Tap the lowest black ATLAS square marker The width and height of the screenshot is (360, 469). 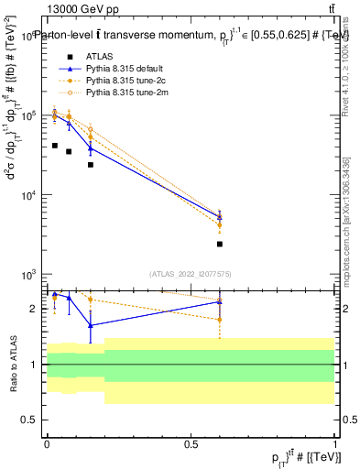point(220,244)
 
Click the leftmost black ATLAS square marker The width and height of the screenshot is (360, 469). point(55,146)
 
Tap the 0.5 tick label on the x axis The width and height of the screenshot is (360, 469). point(191,443)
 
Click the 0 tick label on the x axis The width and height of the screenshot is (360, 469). point(47,443)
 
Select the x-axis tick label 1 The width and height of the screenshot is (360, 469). point(334,443)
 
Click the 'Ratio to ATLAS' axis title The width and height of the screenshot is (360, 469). point(13,365)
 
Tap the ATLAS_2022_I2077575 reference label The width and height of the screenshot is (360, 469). point(191,273)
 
